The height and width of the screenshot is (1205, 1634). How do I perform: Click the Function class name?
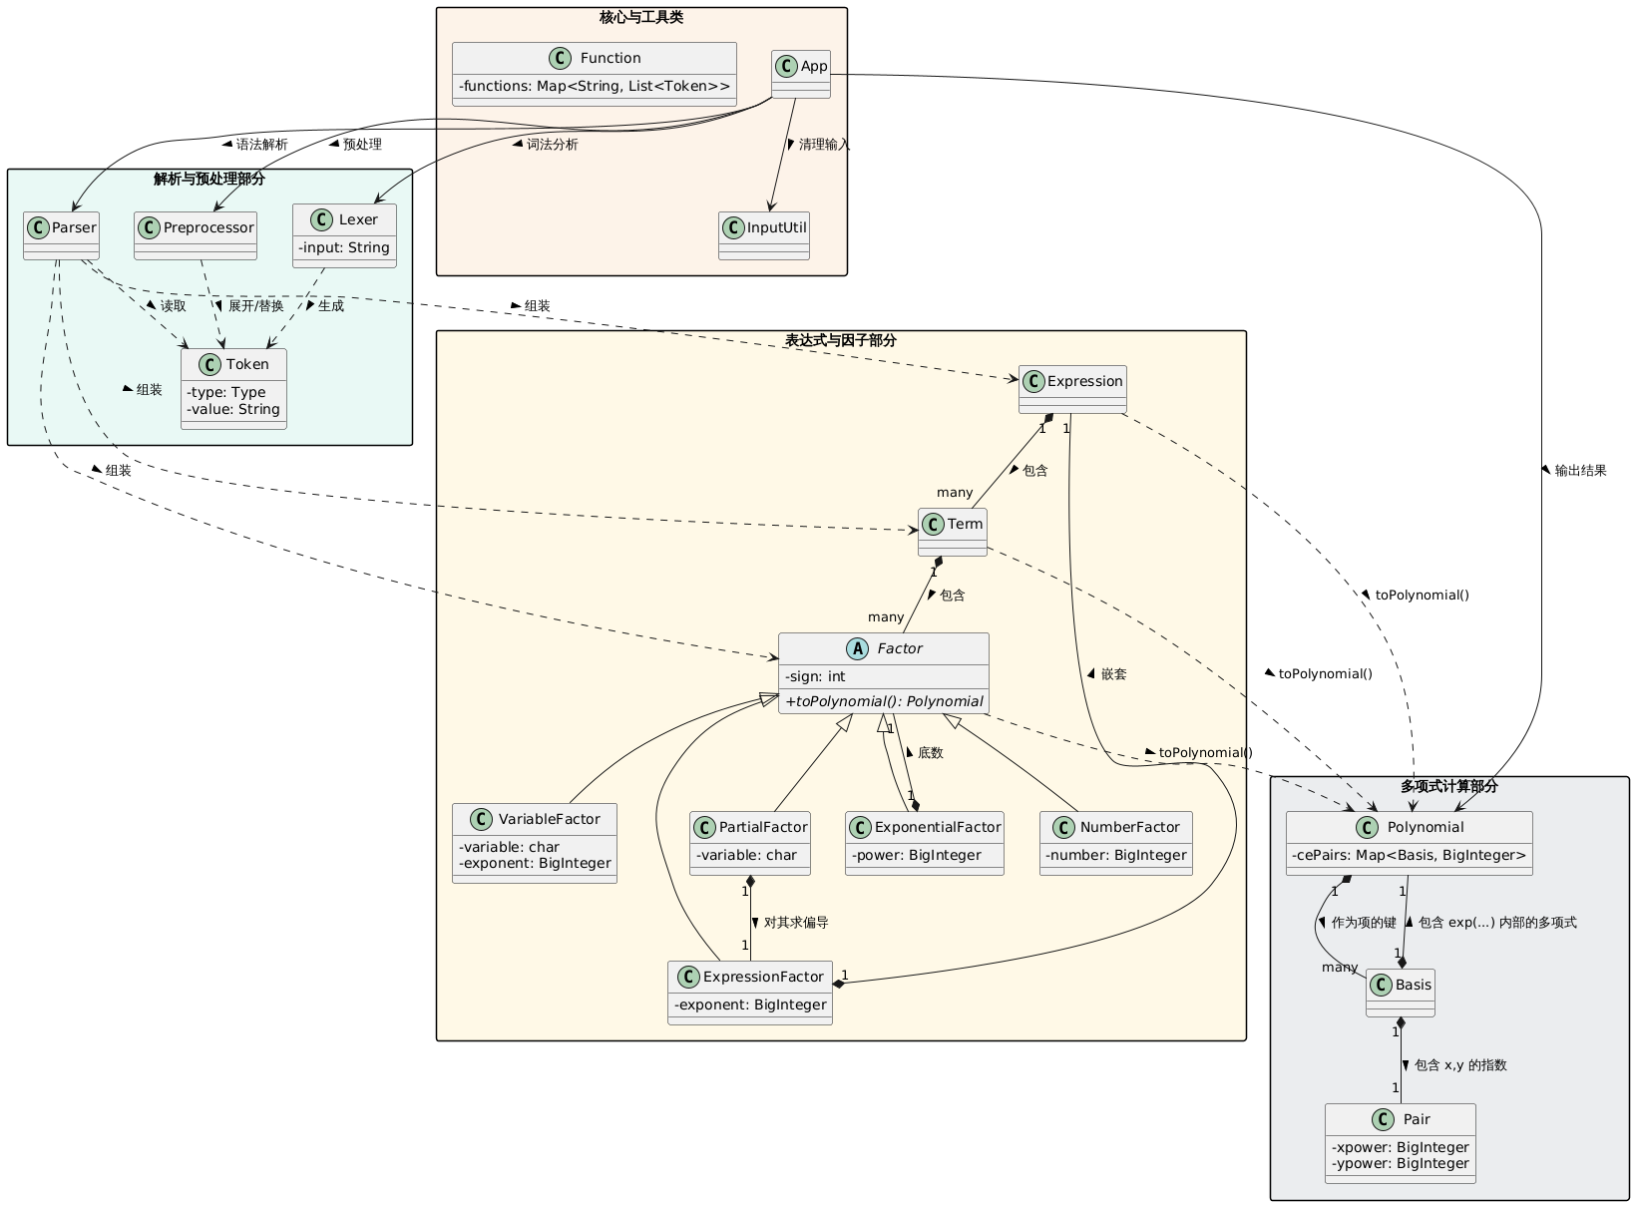tap(610, 58)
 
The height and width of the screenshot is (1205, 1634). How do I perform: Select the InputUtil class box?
tap(763, 235)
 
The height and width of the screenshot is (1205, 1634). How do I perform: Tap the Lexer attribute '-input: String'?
tap(344, 247)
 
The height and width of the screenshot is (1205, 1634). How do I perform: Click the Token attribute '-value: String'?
tap(233, 409)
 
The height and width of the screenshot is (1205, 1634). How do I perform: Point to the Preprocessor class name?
tap(208, 227)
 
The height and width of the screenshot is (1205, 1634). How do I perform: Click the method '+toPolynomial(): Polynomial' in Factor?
tap(884, 701)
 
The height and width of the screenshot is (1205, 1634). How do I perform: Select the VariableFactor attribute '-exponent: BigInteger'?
tap(535, 863)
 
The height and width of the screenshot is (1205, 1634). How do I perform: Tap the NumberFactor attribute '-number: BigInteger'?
tap(1115, 855)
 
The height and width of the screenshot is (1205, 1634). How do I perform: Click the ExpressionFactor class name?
tap(763, 977)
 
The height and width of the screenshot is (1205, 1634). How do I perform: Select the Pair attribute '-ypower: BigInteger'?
tap(1401, 1163)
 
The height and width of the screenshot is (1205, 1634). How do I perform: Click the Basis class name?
tap(1413, 985)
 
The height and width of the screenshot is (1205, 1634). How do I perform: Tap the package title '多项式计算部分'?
tap(1448, 786)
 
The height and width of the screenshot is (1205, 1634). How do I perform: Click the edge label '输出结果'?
tap(1580, 471)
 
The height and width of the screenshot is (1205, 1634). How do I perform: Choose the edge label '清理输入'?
tap(824, 145)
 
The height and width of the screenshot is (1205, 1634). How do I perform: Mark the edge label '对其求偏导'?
tap(796, 923)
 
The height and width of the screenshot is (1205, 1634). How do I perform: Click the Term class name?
tap(965, 524)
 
